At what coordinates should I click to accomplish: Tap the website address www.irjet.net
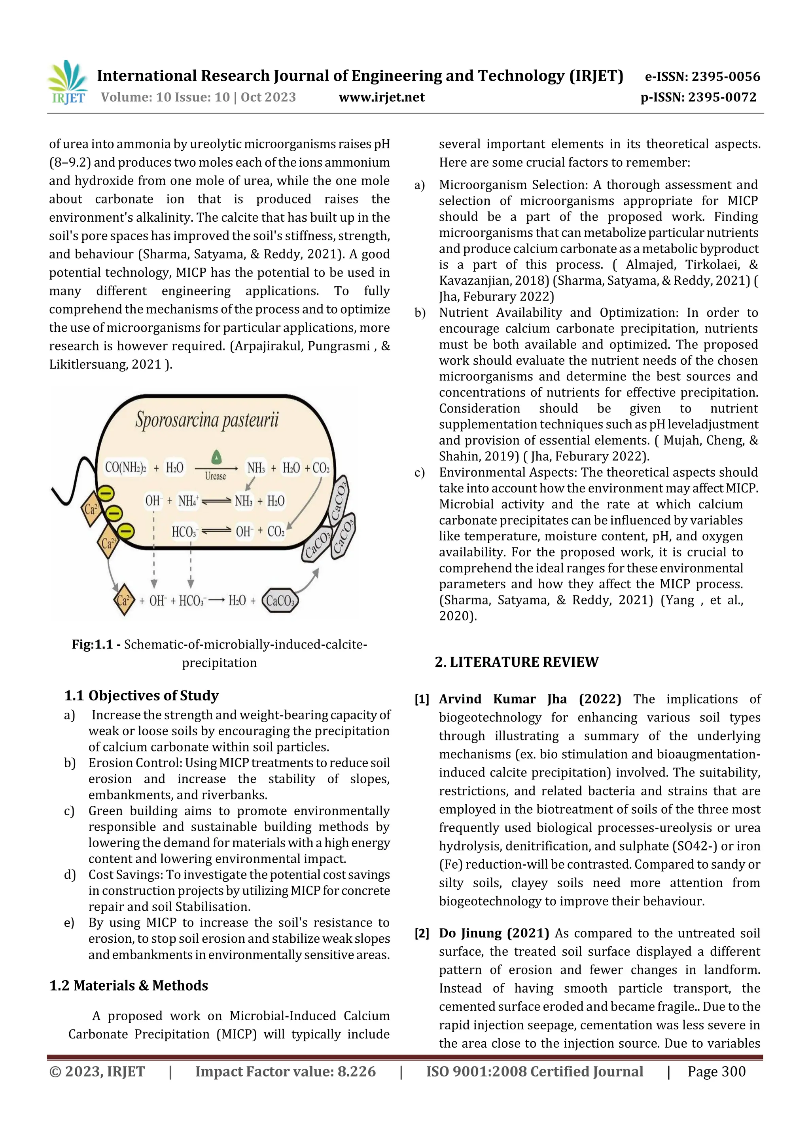coord(381,97)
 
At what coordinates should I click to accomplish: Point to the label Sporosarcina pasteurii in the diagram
coord(207,420)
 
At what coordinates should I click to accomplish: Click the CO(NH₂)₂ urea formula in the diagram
coord(125,468)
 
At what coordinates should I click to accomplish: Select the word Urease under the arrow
coord(215,476)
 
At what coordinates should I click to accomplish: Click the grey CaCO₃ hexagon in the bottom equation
coord(280,601)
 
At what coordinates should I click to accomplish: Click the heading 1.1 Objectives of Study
coord(141,695)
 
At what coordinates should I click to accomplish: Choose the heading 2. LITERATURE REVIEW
coord(516,662)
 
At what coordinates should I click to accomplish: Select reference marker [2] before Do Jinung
coord(422,933)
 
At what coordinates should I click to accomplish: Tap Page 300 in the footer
coord(716,1071)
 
